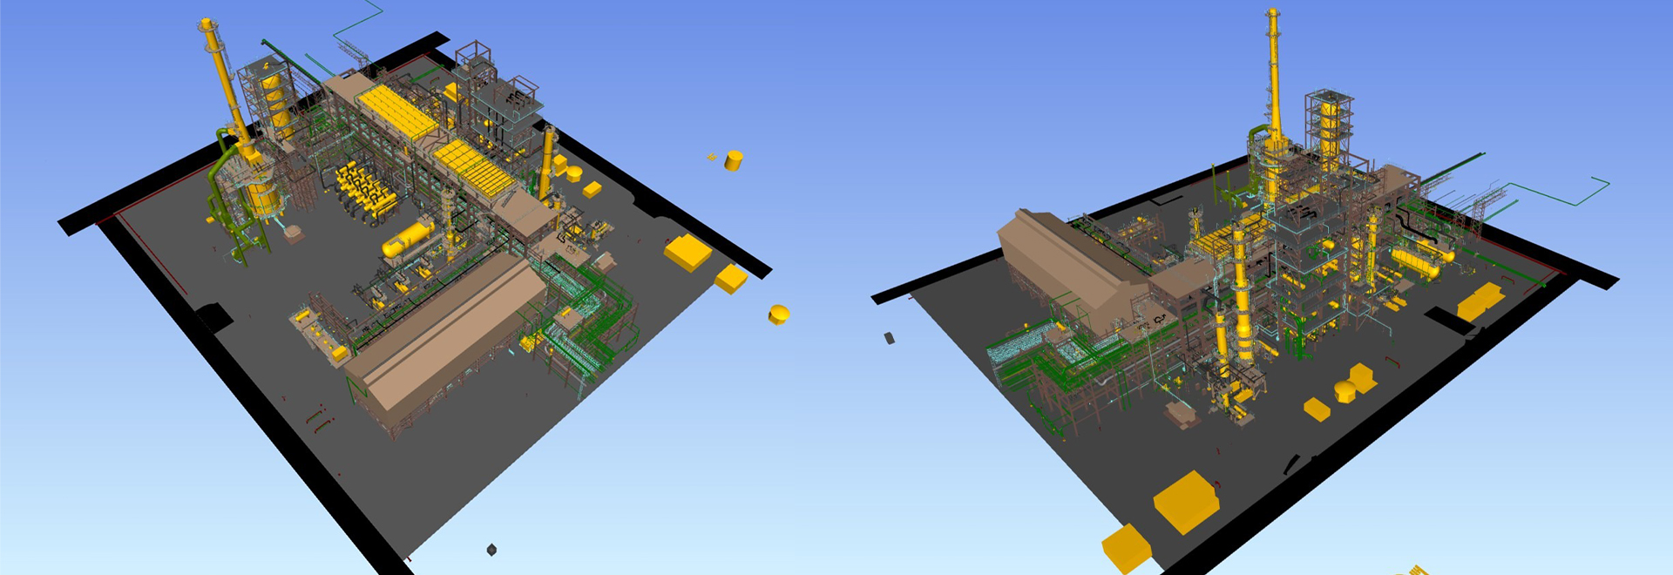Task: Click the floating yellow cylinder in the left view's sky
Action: pos(734,160)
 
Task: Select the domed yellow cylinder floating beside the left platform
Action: pos(778,315)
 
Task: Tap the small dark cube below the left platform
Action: pos(491,549)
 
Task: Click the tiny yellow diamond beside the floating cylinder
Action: pos(713,158)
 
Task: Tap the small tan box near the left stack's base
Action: pos(294,233)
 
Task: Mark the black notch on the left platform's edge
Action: pos(213,316)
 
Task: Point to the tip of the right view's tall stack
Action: pos(1273,12)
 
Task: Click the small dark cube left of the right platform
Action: pos(890,337)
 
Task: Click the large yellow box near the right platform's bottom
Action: pos(1185,501)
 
